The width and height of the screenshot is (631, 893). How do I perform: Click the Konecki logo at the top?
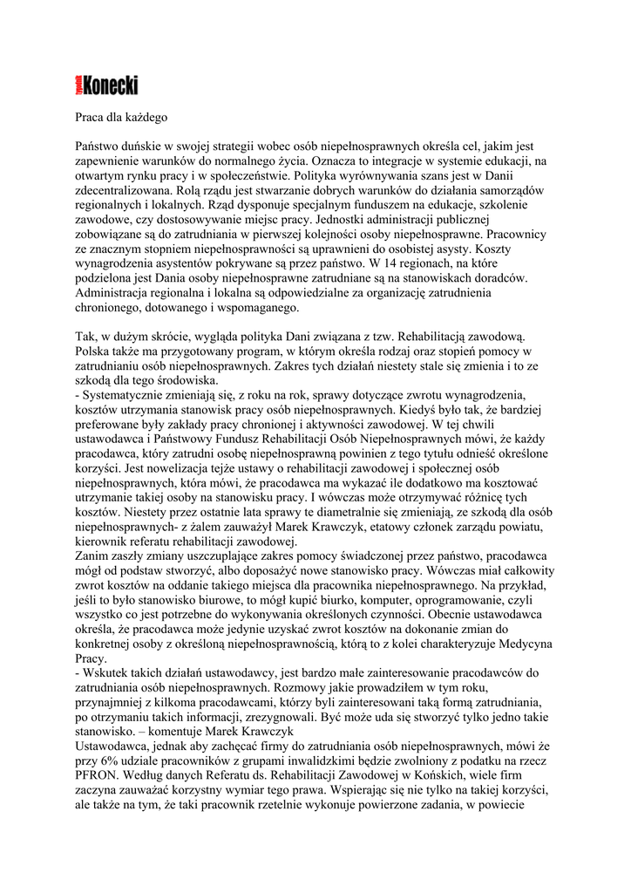click(106, 85)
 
